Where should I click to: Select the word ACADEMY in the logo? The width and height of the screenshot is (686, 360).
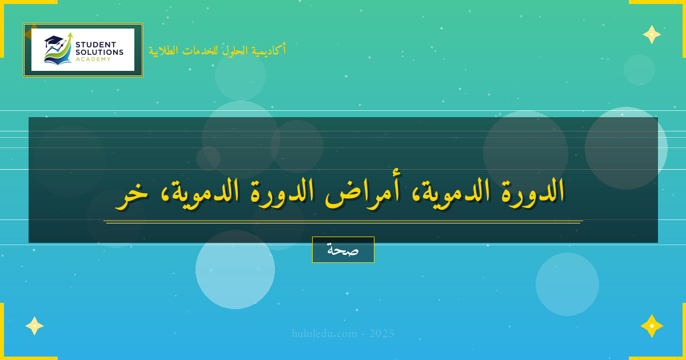pos(93,59)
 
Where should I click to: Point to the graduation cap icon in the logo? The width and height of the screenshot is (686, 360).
pos(53,41)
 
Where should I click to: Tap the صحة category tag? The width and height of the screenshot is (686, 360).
pos(343,250)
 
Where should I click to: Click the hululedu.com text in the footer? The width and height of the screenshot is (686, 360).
pos(324,334)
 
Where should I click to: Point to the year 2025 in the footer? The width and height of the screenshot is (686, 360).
pos(381,334)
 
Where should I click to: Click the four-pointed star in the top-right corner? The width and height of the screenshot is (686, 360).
pos(652,34)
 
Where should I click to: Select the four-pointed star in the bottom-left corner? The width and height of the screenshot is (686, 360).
pos(34,326)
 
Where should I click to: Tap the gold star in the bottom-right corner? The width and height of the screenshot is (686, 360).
pos(652,326)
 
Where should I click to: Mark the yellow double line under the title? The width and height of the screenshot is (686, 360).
pos(343,222)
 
